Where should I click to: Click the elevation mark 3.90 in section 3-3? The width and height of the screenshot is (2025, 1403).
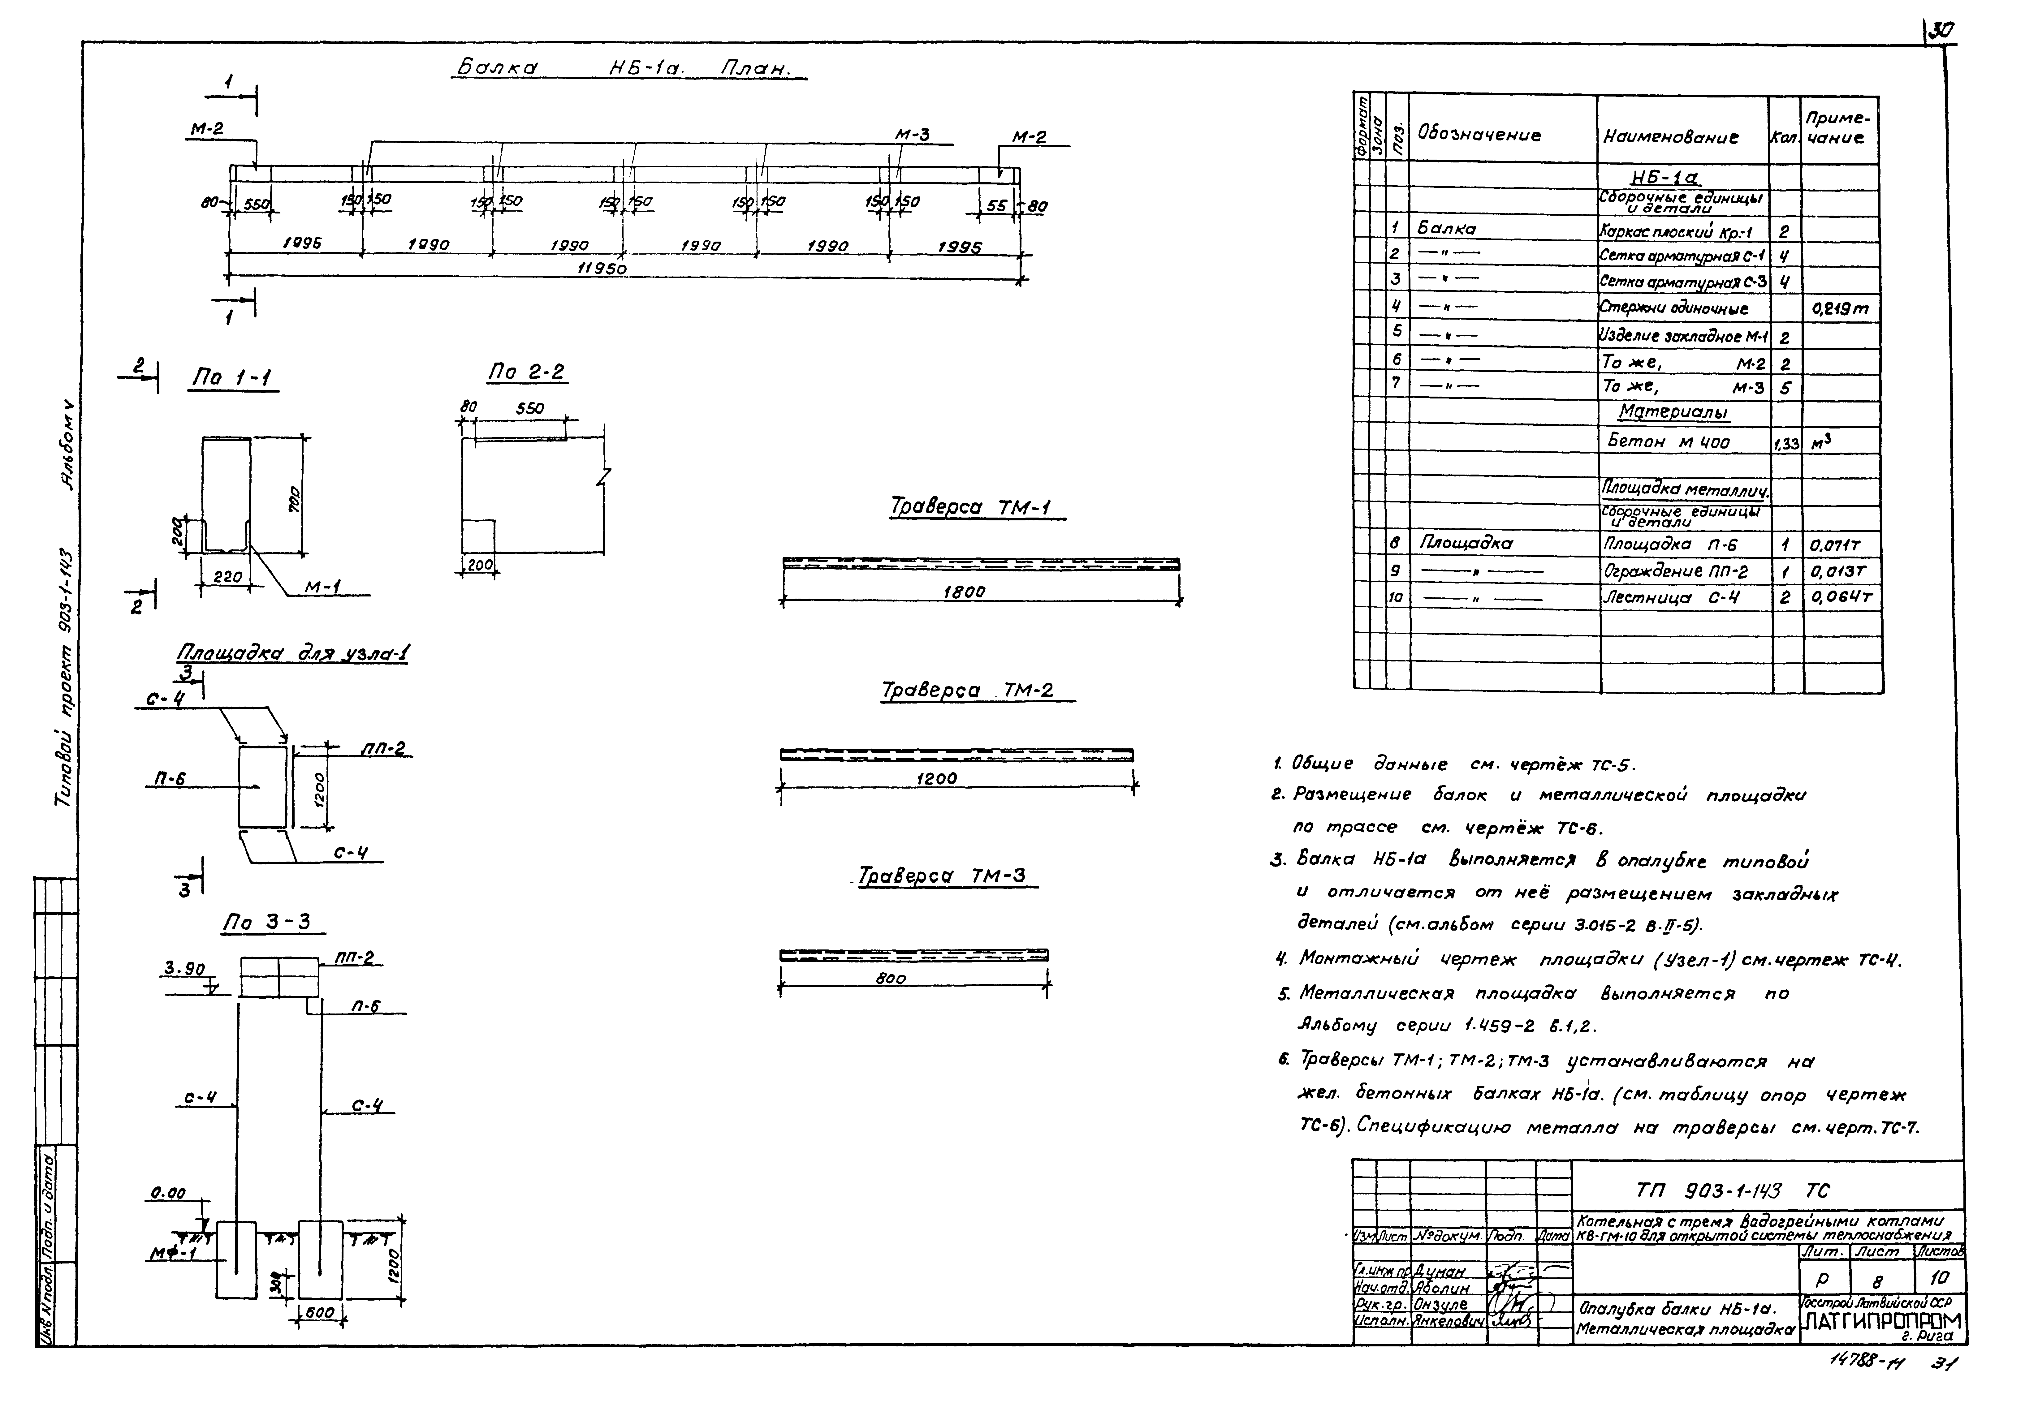point(184,969)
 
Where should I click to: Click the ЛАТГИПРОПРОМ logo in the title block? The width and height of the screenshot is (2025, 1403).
point(1882,1321)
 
